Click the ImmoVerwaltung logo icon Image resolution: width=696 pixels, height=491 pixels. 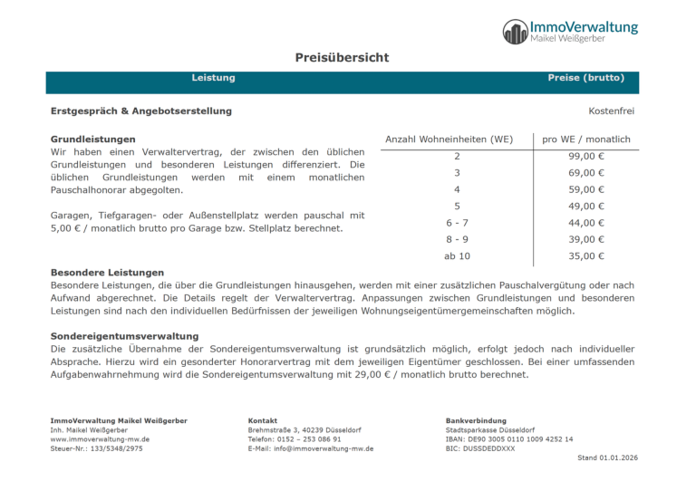coord(515,32)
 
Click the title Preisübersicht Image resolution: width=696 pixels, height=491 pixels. coord(342,57)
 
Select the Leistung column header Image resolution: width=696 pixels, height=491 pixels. coord(213,78)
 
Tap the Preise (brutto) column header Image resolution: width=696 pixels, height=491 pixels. coord(585,78)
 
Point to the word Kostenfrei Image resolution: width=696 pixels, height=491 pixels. coord(611,111)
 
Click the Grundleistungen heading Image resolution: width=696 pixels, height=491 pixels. coord(93,139)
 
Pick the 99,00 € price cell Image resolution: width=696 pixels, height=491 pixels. coord(586,156)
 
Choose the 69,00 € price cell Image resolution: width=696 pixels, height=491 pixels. coord(586,172)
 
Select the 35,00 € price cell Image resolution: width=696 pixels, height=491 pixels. coord(586,255)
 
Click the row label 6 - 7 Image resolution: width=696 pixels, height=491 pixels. coord(457,222)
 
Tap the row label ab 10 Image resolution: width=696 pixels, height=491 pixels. coord(457,255)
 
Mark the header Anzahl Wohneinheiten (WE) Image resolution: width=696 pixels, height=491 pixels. coord(449,140)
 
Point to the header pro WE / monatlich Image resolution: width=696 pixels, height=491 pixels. coord(585,140)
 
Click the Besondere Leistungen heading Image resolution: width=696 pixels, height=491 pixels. coord(107,272)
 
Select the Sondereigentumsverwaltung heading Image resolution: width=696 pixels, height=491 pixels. coord(124,335)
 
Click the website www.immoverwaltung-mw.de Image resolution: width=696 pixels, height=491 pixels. coord(100,438)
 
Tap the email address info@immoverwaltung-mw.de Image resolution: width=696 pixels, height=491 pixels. coord(311,448)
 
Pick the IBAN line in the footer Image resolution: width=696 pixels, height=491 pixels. coord(509,438)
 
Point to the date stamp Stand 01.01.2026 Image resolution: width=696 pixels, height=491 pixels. coord(607,457)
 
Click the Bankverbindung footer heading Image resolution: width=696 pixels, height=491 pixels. coord(474,420)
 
